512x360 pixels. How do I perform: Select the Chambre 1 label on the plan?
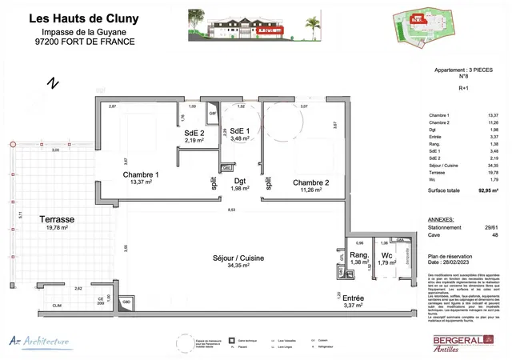(x=140, y=174)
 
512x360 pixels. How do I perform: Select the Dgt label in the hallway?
(x=241, y=180)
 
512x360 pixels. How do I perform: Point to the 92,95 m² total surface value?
(x=481, y=191)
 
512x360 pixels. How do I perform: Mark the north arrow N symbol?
(x=53, y=82)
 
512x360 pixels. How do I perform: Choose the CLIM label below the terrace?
(x=58, y=306)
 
